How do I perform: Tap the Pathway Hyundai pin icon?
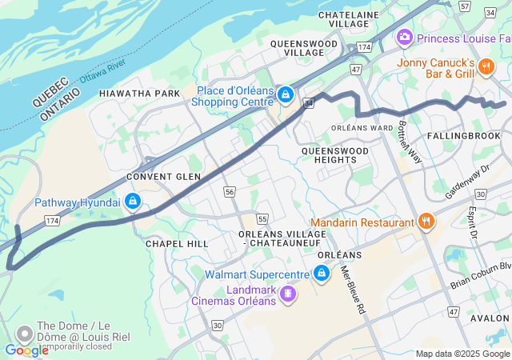click(134, 202)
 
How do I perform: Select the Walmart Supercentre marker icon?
click(322, 274)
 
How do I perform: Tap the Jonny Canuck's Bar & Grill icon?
click(486, 68)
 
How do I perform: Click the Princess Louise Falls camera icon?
click(405, 38)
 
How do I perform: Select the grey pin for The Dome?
click(25, 332)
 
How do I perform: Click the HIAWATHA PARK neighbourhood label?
click(140, 94)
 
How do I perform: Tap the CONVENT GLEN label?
click(163, 176)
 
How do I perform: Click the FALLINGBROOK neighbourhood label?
click(462, 137)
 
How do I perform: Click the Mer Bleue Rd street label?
click(352, 289)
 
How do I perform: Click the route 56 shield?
click(230, 192)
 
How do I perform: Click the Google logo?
click(26, 350)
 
